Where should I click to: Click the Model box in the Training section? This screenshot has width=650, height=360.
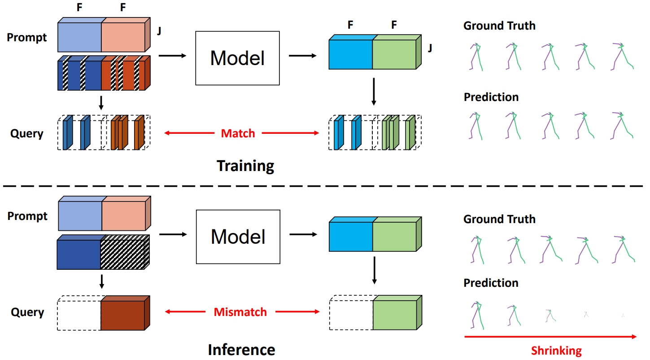(x=237, y=58)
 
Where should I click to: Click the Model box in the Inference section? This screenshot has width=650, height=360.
(x=238, y=237)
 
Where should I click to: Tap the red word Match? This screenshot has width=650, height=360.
(x=238, y=133)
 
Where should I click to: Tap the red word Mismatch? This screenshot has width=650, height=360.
(x=240, y=312)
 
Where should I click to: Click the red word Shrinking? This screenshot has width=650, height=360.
(x=556, y=351)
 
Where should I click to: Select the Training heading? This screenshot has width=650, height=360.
(x=245, y=166)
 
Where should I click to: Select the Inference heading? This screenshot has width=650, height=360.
(x=241, y=349)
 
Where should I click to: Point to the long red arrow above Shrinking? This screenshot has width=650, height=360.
(x=550, y=336)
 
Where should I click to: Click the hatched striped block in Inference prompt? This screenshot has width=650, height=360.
(x=122, y=254)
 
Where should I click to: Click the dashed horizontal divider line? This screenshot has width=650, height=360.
(x=325, y=185)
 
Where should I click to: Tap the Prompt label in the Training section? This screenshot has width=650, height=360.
(x=27, y=38)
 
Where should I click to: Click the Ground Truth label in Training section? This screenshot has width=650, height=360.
(x=499, y=26)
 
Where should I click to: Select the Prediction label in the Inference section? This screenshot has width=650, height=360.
(x=491, y=283)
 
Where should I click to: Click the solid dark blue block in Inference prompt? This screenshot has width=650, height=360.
(x=79, y=254)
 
